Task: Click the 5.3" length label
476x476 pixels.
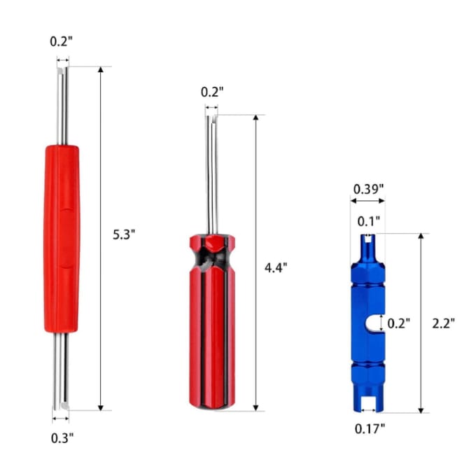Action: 124,234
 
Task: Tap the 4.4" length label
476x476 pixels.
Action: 276,267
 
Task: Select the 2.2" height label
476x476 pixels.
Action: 444,323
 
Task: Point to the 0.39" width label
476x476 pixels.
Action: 368,189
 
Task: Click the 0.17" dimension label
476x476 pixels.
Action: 370,429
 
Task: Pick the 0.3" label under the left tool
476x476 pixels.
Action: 62,438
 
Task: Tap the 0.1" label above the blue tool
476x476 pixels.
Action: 368,221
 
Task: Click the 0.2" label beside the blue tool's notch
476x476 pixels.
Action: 398,323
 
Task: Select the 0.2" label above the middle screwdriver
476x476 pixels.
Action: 212,92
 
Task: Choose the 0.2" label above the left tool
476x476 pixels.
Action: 62,41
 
